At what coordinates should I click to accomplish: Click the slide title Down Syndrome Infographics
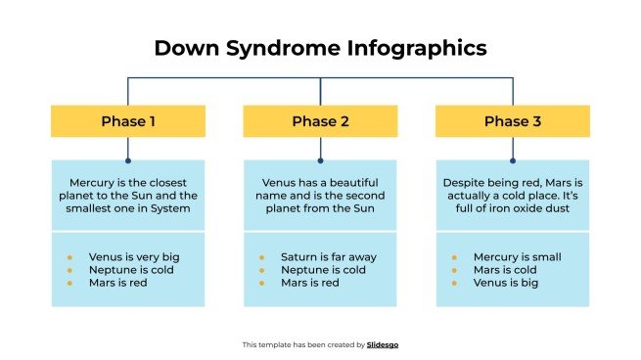(320, 47)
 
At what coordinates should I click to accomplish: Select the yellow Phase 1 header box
(128, 121)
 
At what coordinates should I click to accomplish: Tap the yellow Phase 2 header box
(320, 121)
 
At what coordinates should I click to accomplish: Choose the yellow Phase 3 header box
(512, 121)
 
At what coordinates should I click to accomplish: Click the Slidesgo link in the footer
(383, 344)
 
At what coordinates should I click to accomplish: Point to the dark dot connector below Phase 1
(128, 159)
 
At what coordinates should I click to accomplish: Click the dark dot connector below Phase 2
(320, 159)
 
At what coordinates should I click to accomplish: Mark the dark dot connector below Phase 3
(512, 159)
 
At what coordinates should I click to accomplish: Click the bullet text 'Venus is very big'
(133, 257)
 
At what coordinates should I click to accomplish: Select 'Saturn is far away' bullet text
(328, 257)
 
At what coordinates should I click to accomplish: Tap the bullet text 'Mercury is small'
(517, 257)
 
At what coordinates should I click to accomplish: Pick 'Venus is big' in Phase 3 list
(507, 283)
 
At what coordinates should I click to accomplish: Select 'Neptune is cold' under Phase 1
(129, 270)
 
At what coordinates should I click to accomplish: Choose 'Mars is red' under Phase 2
(309, 283)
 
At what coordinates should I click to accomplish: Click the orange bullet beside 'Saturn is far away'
(261, 257)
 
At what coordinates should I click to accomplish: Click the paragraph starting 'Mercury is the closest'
(128, 195)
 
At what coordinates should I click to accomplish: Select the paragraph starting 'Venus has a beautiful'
(320, 195)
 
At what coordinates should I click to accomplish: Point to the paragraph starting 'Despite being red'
(512, 195)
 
